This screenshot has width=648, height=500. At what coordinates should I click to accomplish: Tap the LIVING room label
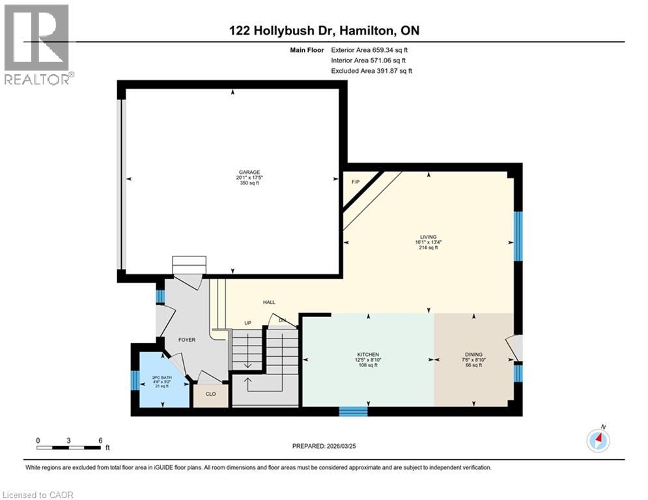click(428, 237)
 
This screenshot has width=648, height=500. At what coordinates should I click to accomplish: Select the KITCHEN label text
click(368, 354)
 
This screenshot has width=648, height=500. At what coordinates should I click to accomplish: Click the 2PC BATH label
click(160, 377)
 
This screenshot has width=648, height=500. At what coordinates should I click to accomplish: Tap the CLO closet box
click(210, 394)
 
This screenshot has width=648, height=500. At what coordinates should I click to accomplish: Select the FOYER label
click(188, 340)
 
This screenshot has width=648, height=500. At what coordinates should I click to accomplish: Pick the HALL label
click(269, 303)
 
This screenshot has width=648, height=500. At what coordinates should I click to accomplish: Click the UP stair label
click(247, 323)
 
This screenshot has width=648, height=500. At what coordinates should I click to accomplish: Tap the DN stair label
click(281, 320)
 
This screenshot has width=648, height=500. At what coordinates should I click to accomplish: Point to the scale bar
click(69, 447)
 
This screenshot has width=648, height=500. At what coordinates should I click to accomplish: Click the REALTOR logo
click(37, 44)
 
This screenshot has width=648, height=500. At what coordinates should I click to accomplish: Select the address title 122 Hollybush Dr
click(324, 31)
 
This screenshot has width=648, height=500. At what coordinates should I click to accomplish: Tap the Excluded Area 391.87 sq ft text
click(371, 70)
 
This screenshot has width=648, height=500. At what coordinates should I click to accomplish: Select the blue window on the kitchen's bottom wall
click(353, 411)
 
